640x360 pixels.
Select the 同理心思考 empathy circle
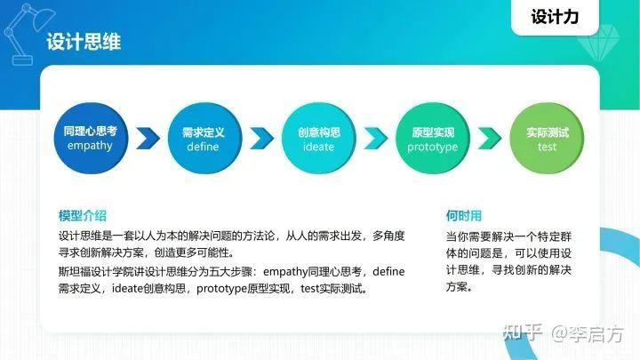[91, 139]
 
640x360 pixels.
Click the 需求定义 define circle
[203, 139]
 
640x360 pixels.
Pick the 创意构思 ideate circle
[318, 139]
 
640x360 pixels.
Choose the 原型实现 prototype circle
[433, 139]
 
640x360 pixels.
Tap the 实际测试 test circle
[547, 139]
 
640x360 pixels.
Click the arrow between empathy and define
[148, 139]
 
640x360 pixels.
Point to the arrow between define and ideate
[260, 139]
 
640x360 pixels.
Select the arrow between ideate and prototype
[375, 139]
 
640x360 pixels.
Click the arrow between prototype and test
[490, 139]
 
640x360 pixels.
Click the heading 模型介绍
[83, 216]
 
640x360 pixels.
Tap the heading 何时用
[464, 216]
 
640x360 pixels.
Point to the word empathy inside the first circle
[91, 146]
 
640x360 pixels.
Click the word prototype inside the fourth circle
[433, 147]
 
